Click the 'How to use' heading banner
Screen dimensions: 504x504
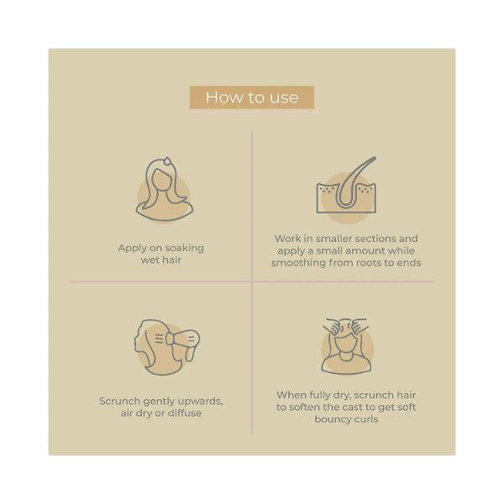pyautogui.click(x=252, y=97)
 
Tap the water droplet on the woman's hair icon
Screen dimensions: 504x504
pyautogui.click(x=167, y=161)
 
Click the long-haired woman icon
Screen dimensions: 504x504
pyautogui.click(x=165, y=190)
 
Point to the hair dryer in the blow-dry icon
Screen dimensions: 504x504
pyautogui.click(x=183, y=342)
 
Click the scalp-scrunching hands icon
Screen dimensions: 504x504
pyautogui.click(x=346, y=346)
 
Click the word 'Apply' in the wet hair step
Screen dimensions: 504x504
pyautogui.click(x=132, y=249)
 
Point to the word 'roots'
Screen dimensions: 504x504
pyautogui.click(x=370, y=263)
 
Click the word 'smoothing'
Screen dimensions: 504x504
pyautogui.click(x=298, y=263)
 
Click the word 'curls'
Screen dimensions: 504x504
pyautogui.click(x=367, y=419)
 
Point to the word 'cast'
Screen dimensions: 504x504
pyautogui.click(x=352, y=407)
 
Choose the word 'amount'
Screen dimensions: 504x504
pyautogui.click(x=365, y=251)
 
